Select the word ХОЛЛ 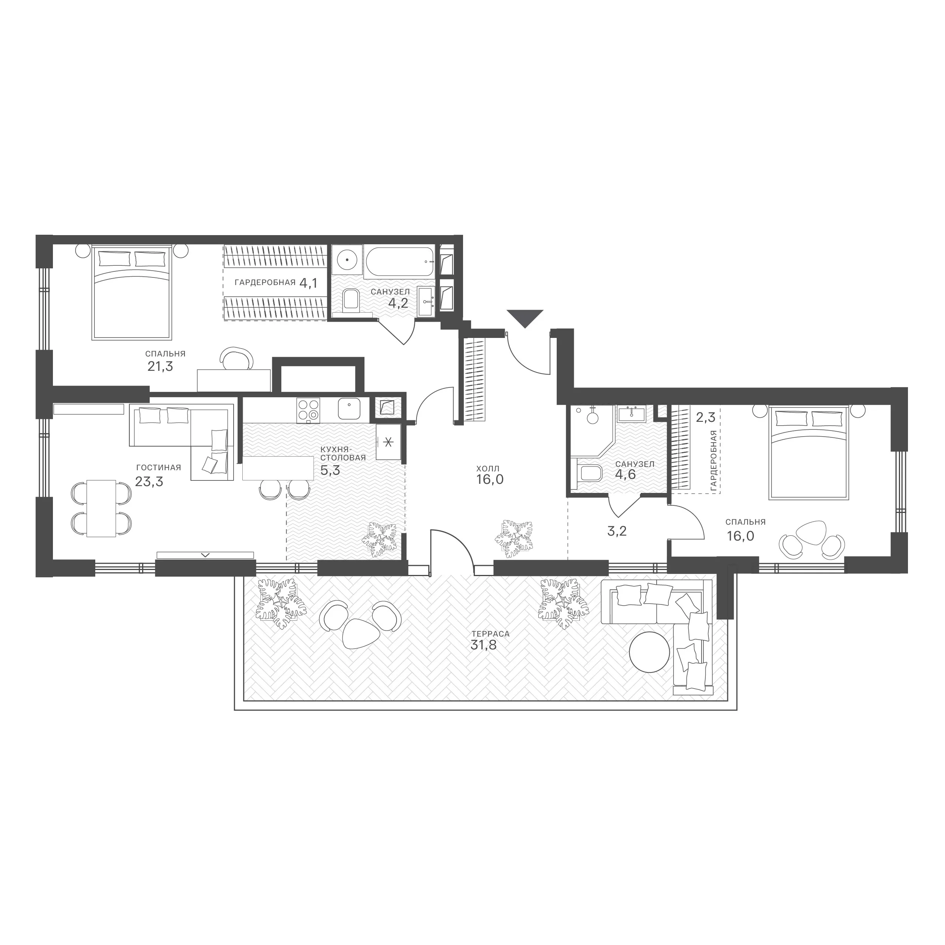[488, 469]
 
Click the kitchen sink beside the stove [350, 409]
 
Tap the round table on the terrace [649, 652]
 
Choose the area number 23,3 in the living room [149, 482]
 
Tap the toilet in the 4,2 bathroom [350, 300]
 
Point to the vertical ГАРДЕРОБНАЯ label [714, 461]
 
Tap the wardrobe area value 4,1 [309, 283]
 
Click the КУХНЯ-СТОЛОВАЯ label [343, 454]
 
